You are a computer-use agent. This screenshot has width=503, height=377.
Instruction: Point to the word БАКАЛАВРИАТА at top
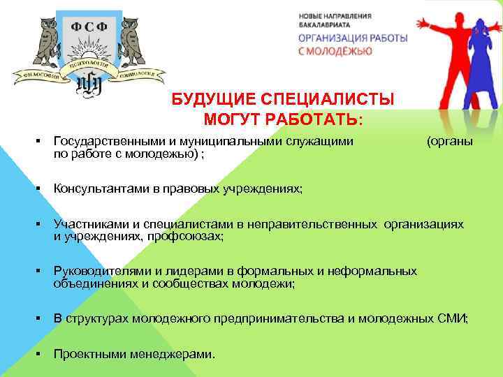(324, 24)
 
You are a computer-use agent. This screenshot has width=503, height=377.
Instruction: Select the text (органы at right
(449, 142)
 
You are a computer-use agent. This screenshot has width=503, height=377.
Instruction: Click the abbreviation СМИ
(453, 318)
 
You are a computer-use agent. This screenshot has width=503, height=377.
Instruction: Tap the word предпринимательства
(283, 318)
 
